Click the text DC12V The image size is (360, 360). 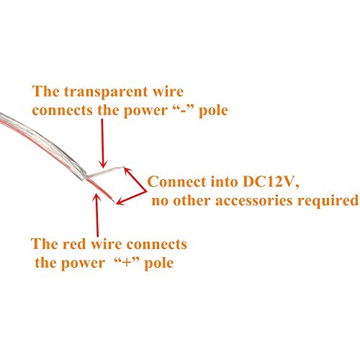click(x=271, y=182)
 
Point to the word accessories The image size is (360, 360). click(x=254, y=201)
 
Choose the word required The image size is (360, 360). click(x=328, y=201)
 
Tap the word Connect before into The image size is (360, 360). click(x=176, y=181)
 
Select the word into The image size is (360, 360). click(x=225, y=181)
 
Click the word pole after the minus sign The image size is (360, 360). click(x=213, y=111)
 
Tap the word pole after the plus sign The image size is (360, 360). click(x=159, y=264)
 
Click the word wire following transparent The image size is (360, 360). click(x=168, y=91)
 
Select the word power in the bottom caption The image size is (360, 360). click(x=84, y=264)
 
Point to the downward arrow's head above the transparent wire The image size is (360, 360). click(x=103, y=164)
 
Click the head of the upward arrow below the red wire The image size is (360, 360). click(x=96, y=197)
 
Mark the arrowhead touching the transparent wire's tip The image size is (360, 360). click(x=127, y=170)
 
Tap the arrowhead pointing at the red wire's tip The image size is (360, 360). click(x=120, y=202)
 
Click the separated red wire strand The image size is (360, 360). click(x=100, y=189)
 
